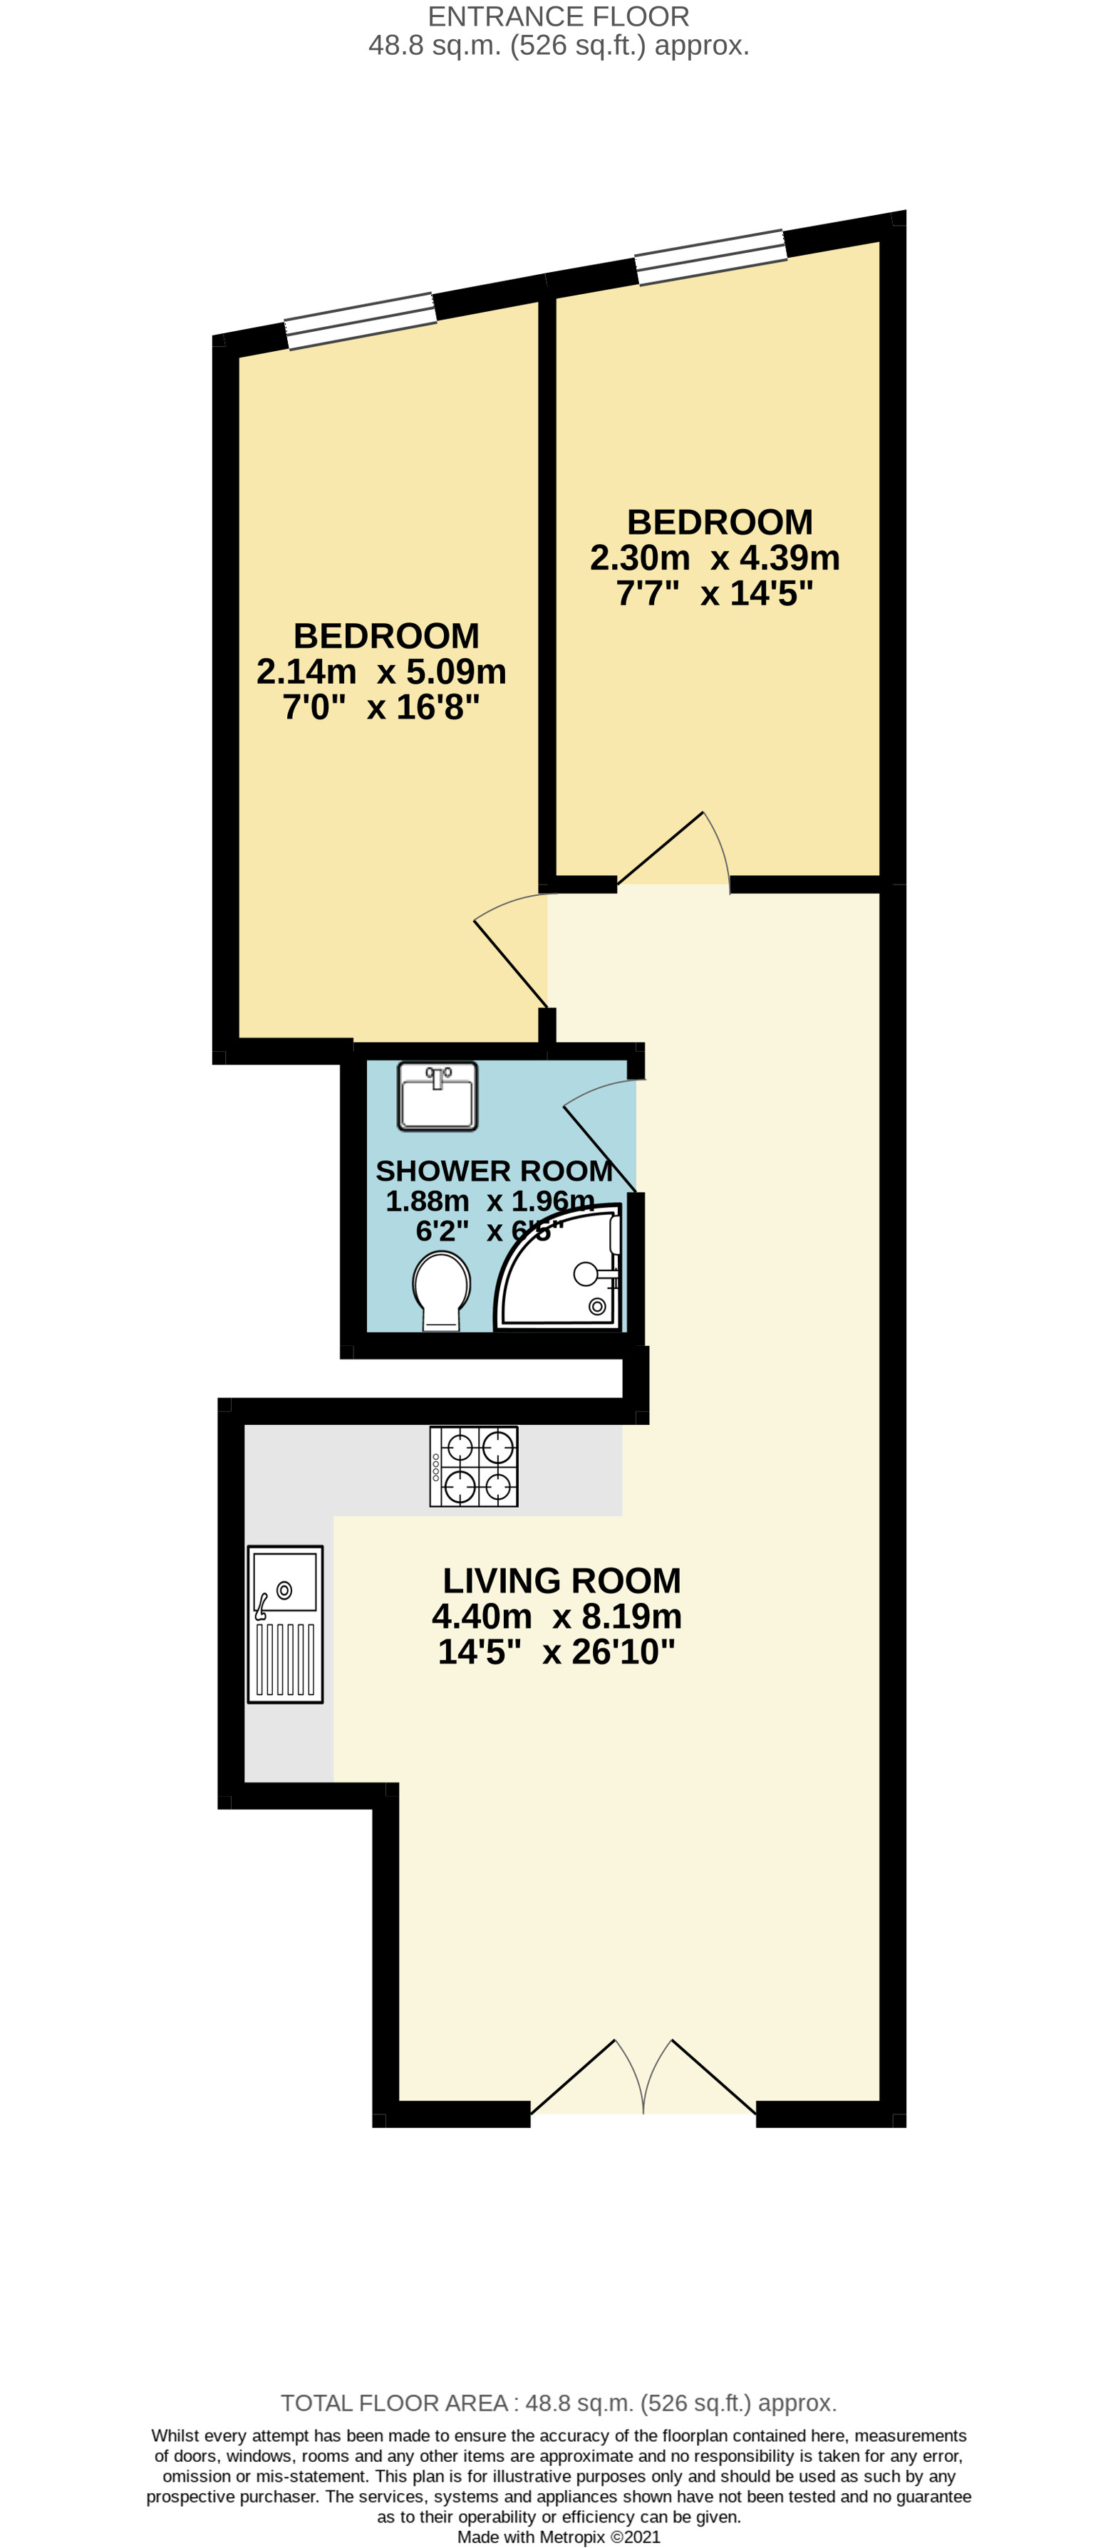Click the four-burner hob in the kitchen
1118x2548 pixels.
pos(473,1466)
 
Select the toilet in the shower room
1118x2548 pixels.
pos(440,1290)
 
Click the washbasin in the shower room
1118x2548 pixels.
pos(438,1096)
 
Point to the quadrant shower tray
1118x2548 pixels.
pos(561,1271)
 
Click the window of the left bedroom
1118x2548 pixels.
pos(360,320)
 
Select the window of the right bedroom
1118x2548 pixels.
pos(710,256)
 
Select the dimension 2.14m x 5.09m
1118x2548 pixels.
pos(381,672)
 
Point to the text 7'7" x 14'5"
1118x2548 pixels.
pos(714,593)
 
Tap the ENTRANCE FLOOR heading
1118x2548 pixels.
pos(558,17)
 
